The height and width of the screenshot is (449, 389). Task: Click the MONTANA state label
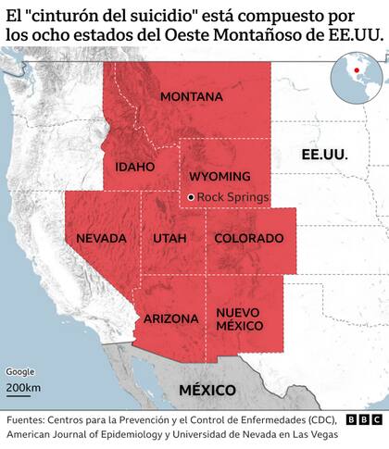[192, 97]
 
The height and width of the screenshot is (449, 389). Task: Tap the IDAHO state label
[135, 168]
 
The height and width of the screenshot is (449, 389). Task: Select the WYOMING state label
[220, 176]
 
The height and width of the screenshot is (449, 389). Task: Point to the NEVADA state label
[101, 238]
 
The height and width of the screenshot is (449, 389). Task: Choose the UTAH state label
[169, 238]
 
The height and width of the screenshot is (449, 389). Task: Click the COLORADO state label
[243, 238]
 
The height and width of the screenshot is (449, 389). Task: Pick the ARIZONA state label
[170, 318]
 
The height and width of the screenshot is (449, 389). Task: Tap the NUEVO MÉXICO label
[240, 319]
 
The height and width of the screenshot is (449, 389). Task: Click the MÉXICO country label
[207, 389]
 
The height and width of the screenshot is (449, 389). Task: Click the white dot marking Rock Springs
[190, 197]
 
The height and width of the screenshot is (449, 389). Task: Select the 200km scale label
[22, 387]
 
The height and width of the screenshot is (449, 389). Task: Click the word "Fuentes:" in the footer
[27, 418]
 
